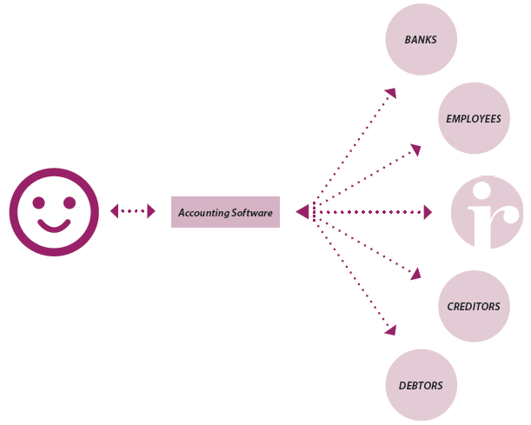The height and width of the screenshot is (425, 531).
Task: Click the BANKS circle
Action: tap(421, 39)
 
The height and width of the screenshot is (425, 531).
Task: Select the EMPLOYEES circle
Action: tap(473, 118)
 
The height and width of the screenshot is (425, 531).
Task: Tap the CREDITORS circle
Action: tap(473, 306)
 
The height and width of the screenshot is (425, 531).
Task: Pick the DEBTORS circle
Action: tap(421, 385)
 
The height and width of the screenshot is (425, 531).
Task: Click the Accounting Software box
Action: tap(225, 212)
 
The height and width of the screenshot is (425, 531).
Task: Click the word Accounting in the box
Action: tap(202, 212)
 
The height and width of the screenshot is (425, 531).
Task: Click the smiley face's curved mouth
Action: tap(53, 228)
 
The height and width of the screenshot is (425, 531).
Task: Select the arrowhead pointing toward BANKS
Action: tap(391, 92)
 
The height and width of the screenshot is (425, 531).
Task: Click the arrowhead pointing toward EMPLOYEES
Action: tap(415, 150)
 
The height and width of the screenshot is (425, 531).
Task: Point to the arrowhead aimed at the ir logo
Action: tap(427, 212)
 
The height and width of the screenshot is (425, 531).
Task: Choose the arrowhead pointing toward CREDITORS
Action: tap(415, 274)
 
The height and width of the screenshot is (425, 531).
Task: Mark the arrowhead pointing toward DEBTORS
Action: tap(391, 331)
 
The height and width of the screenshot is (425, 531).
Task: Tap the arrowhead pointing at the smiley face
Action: tap(115, 211)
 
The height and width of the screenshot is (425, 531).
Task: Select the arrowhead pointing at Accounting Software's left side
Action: tap(150, 211)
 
